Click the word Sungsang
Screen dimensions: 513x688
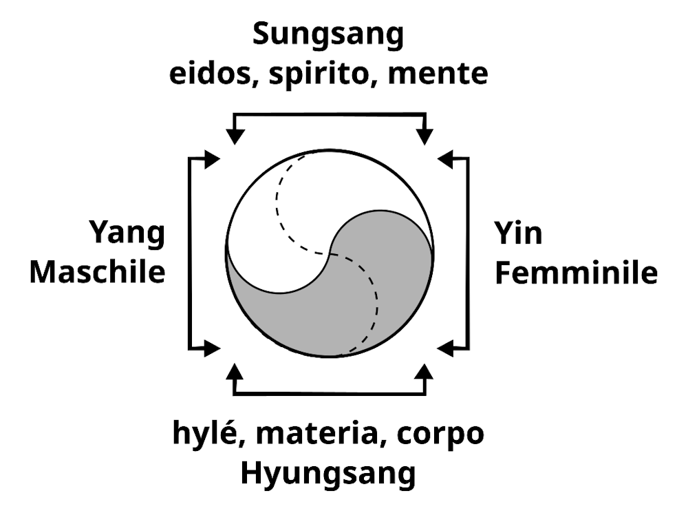pyautogui.click(x=327, y=35)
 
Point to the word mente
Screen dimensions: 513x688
pyautogui.click(x=438, y=73)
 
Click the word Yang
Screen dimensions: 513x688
pyautogui.click(x=127, y=234)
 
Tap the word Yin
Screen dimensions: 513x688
pyautogui.click(x=518, y=234)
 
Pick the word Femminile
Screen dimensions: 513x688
pyautogui.click(x=577, y=273)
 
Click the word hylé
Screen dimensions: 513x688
pyautogui.click(x=203, y=435)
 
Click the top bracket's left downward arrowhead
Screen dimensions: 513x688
pyautogui.click(x=235, y=136)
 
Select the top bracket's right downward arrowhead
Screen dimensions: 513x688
pyautogui.click(x=425, y=136)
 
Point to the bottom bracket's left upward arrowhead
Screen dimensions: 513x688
pyautogui.click(x=235, y=372)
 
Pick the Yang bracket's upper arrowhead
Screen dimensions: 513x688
pyautogui.click(x=211, y=159)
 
